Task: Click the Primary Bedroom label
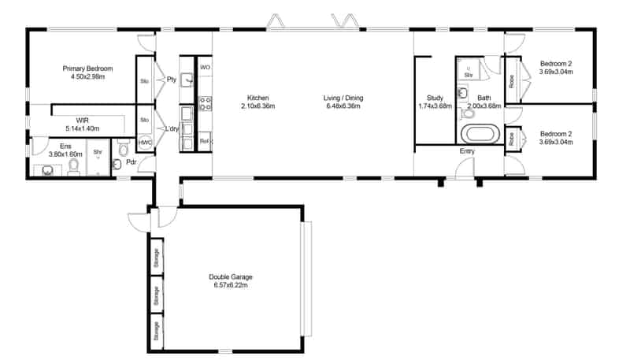click(88, 72)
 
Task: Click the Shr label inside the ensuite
click(98, 152)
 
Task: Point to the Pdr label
click(132, 164)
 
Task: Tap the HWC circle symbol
click(145, 143)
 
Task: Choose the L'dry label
click(169, 128)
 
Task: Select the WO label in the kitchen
click(204, 69)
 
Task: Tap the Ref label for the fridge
click(204, 141)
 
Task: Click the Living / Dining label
click(343, 102)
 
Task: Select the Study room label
click(434, 102)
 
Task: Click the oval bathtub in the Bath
click(479, 133)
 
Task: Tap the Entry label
click(466, 150)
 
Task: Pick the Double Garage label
click(231, 280)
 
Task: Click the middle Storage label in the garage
click(157, 295)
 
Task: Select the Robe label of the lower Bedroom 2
click(512, 139)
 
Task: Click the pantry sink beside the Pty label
click(187, 80)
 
